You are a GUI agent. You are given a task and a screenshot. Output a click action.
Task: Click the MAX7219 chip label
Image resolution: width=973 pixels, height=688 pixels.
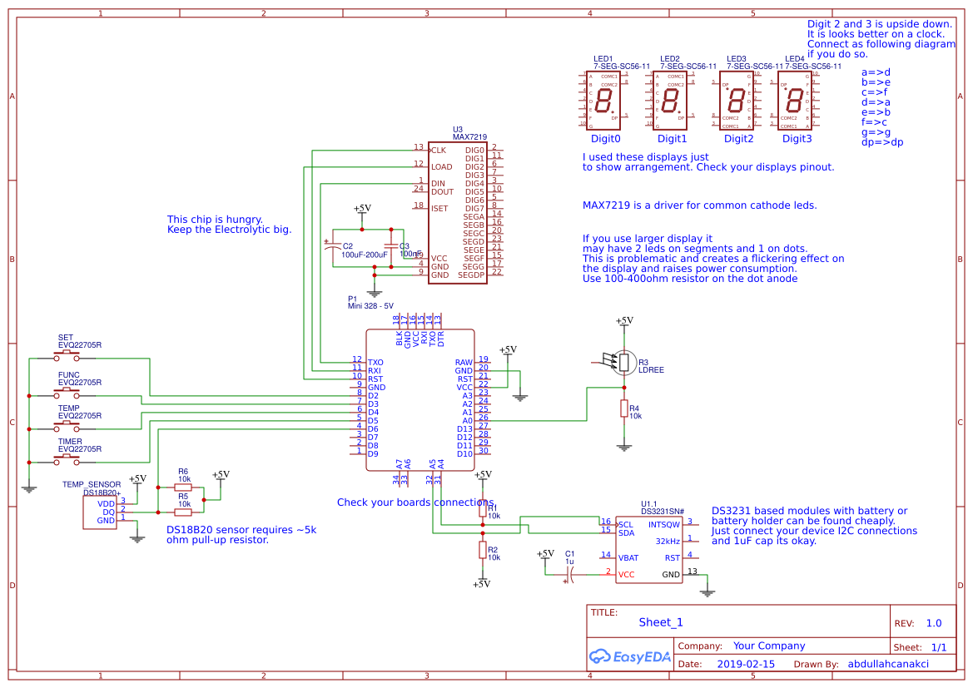pos(469,136)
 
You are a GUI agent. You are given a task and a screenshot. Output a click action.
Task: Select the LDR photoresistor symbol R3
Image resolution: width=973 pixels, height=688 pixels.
pos(623,362)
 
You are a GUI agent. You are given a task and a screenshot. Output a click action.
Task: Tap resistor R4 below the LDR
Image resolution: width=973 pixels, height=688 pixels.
pos(623,408)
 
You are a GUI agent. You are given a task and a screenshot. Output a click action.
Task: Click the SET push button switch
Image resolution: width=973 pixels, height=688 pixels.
pos(67,355)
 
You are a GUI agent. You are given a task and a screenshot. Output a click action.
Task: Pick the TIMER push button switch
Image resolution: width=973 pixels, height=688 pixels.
pos(67,460)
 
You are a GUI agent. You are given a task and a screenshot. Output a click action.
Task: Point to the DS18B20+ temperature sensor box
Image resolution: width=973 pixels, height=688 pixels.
pos(101,512)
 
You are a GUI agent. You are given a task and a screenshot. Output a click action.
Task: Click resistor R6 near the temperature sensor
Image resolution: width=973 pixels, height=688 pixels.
pos(183,488)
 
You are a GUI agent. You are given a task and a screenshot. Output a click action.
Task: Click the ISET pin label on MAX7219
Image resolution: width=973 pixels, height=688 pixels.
pos(439,208)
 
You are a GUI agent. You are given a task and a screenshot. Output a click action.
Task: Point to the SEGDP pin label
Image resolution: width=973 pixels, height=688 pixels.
pos(471,275)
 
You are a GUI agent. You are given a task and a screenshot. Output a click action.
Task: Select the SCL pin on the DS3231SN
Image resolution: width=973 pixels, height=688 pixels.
pos(626,524)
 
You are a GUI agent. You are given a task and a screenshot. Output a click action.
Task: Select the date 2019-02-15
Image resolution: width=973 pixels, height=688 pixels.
pos(745,664)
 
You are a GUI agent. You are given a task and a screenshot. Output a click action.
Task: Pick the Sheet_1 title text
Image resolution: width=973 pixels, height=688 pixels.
pos(661,622)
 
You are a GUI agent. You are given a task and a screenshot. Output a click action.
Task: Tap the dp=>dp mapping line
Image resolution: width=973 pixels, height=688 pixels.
pos(881,142)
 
